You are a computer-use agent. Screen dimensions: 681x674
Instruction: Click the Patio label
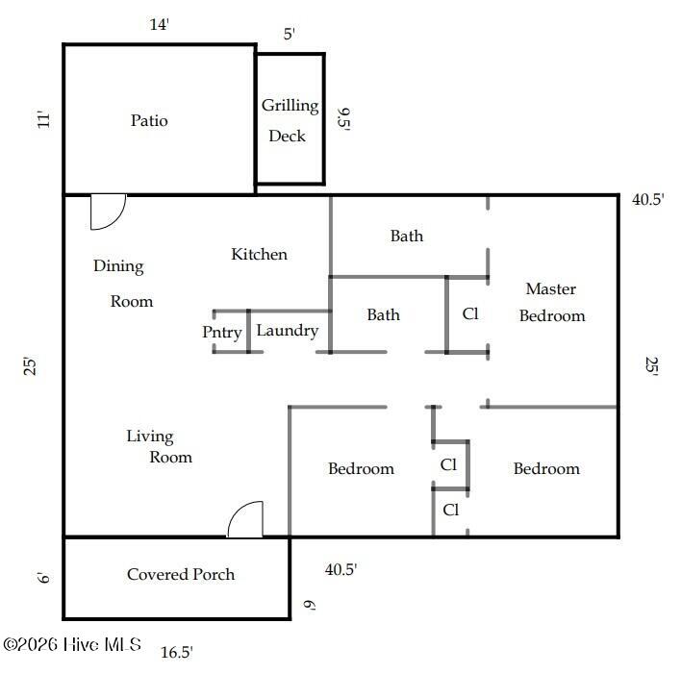pyautogui.click(x=149, y=120)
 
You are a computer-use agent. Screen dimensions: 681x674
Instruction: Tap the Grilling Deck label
pyautogui.click(x=290, y=121)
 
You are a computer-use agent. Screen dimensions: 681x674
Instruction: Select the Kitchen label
pyautogui.click(x=259, y=254)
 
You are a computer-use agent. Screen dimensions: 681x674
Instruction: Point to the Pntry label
pyautogui.click(x=222, y=333)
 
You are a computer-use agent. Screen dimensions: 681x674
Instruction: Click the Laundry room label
pyautogui.click(x=287, y=331)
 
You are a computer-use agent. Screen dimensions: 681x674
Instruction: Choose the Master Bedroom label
pyautogui.click(x=551, y=302)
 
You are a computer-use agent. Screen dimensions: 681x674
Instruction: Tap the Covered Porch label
pyautogui.click(x=181, y=574)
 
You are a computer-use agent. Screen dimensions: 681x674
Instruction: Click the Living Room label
pyautogui.click(x=159, y=446)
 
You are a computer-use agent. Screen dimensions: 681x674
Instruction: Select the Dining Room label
pyautogui.click(x=123, y=283)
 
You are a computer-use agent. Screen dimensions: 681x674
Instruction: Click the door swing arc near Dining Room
pyautogui.click(x=116, y=219)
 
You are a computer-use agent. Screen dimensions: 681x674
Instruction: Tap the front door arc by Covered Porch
pyautogui.click(x=238, y=511)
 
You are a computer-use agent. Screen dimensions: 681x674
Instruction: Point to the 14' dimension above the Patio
pyautogui.click(x=159, y=24)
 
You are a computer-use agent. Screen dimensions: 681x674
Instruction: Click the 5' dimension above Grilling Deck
pyautogui.click(x=290, y=34)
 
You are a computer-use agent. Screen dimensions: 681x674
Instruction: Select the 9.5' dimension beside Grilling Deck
pyautogui.click(x=344, y=119)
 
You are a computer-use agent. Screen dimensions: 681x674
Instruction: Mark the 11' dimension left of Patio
pyautogui.click(x=43, y=120)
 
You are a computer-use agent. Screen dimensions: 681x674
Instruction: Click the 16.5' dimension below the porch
pyautogui.click(x=177, y=652)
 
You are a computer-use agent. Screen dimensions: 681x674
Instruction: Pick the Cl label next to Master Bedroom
pyautogui.click(x=470, y=313)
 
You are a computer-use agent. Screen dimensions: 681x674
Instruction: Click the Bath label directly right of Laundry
pyautogui.click(x=383, y=314)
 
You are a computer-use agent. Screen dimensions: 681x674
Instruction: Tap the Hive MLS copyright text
pyautogui.click(x=72, y=644)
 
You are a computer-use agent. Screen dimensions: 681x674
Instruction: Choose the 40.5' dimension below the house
pyautogui.click(x=340, y=569)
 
